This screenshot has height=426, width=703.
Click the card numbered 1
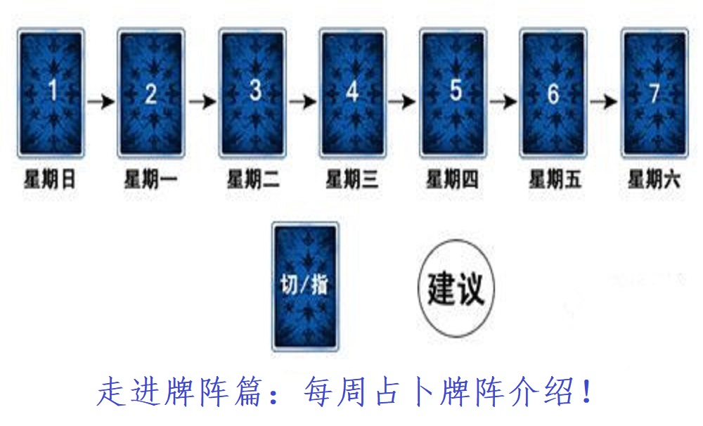point(51,93)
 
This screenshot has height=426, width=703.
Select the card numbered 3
point(252,93)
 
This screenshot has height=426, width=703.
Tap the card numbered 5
point(453,93)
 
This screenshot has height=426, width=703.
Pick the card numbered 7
point(654,93)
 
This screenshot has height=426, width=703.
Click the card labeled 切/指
point(305,286)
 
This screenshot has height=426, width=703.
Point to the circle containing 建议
point(456,288)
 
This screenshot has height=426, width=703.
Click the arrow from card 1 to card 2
point(101,102)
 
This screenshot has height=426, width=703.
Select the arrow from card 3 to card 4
point(302,102)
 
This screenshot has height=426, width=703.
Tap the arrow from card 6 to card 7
point(604,102)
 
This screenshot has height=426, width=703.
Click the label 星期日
point(50,180)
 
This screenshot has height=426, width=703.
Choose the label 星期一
point(150,180)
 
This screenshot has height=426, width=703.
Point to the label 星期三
point(352,180)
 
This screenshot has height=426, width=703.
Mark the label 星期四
point(452,180)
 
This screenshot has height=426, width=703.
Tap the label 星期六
point(654,180)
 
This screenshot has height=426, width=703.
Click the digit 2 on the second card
point(151,94)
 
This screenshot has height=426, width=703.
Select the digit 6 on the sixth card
point(554,94)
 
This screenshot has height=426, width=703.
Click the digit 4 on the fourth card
point(352,91)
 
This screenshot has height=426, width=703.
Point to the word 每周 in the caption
point(335,392)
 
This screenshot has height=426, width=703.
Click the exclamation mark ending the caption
point(586,392)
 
